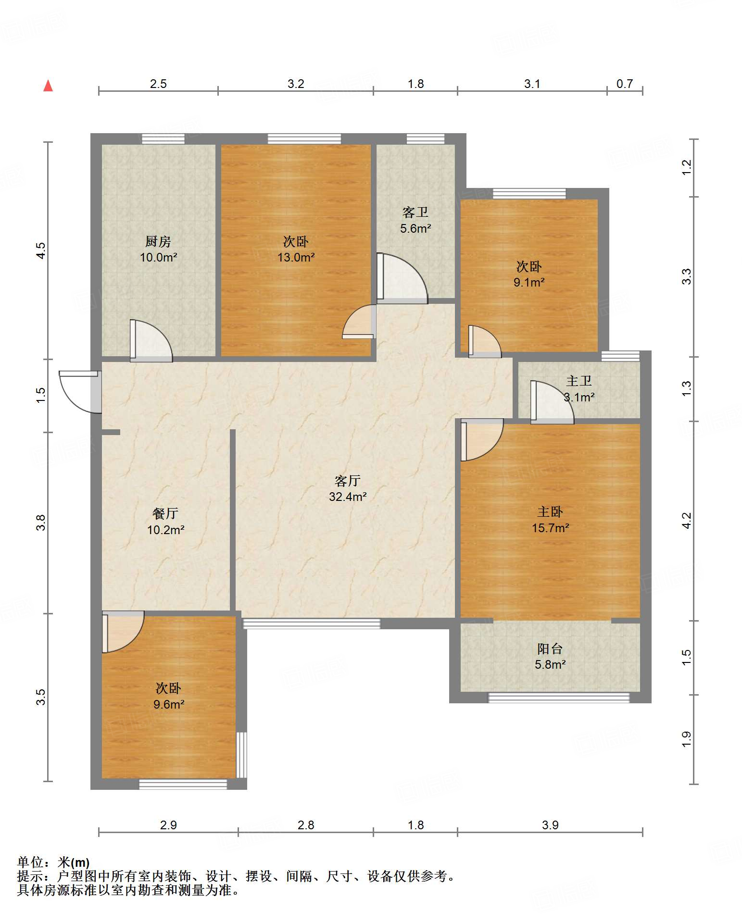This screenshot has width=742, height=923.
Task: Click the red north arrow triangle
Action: coord(48,86)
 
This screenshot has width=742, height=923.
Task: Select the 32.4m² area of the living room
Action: coord(348,497)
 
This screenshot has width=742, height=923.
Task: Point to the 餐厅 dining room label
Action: coord(165,513)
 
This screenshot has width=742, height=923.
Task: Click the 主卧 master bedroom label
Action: coord(550,511)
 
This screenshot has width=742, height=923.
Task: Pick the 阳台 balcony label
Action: coord(550,649)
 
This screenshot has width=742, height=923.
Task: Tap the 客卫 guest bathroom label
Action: coord(415,212)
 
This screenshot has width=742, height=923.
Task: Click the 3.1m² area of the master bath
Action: coord(579,397)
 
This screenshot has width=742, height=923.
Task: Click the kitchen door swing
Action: coord(151,341)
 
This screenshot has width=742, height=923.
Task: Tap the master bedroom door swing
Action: coord(482,440)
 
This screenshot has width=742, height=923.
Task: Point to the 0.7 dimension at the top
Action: coord(625,84)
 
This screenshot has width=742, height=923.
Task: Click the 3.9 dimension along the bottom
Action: coord(550,825)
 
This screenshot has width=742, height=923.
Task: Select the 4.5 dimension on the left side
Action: coord(41,250)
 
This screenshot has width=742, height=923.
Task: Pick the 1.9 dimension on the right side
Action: coord(686,739)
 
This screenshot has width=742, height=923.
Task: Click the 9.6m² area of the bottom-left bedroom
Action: coord(169,704)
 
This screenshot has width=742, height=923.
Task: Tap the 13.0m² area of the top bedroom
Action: coord(296,257)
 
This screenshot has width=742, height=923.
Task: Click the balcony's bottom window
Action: coord(559,698)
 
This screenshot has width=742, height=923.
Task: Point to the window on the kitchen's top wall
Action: coord(163,139)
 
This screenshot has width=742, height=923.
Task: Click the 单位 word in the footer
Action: coord(30,862)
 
